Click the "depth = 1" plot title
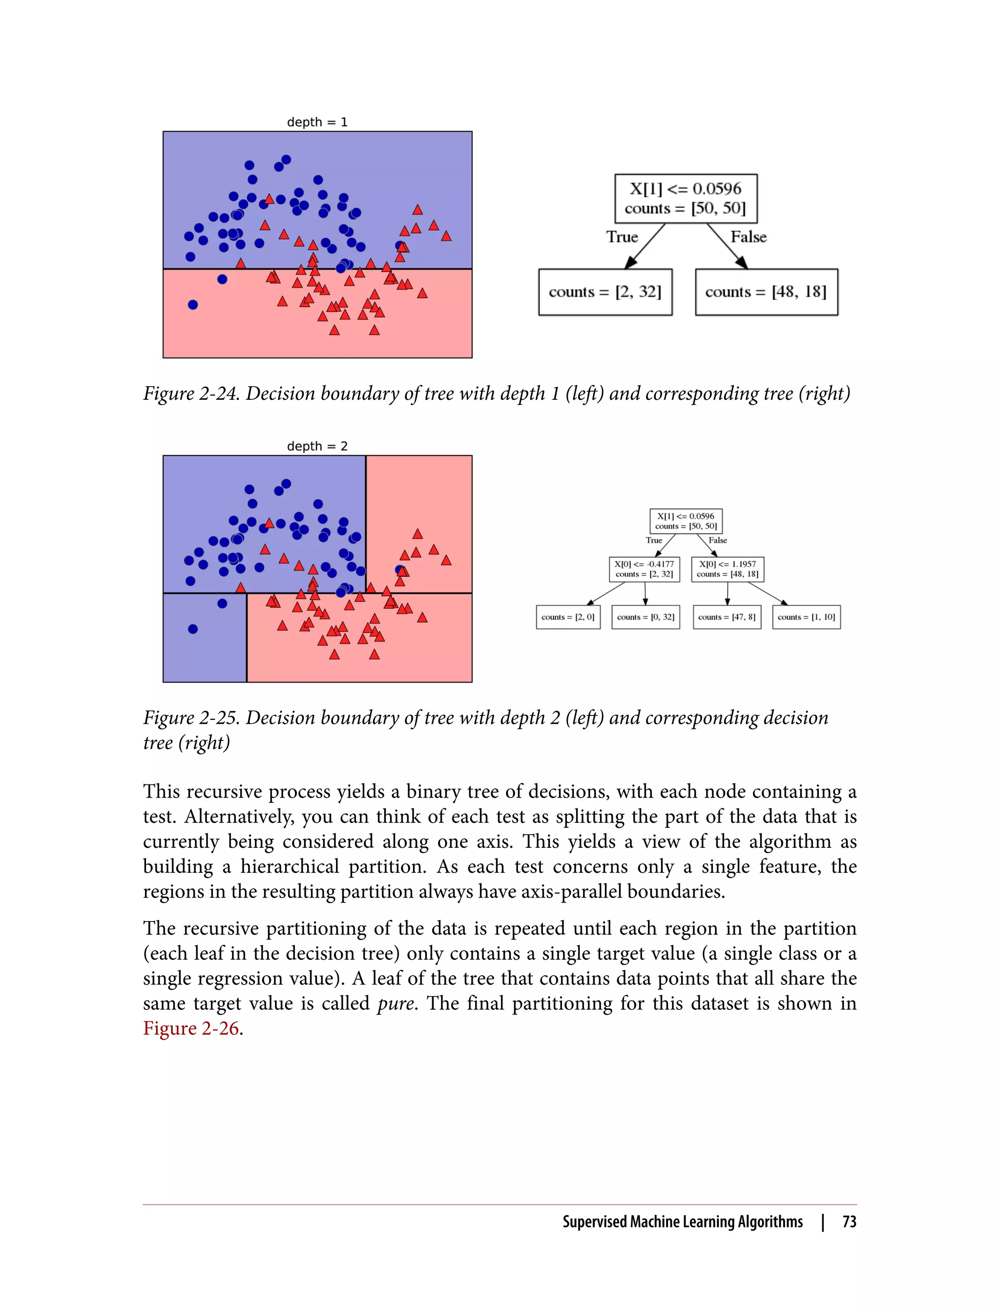point(317,122)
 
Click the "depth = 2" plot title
point(317,446)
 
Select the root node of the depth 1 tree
point(686,198)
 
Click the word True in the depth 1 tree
point(622,237)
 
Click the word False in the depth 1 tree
point(748,237)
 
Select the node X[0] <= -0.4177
point(644,569)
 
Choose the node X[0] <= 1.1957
point(728,569)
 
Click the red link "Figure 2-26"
point(190,1028)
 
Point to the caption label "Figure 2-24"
point(190,393)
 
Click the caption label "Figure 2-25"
point(190,717)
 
